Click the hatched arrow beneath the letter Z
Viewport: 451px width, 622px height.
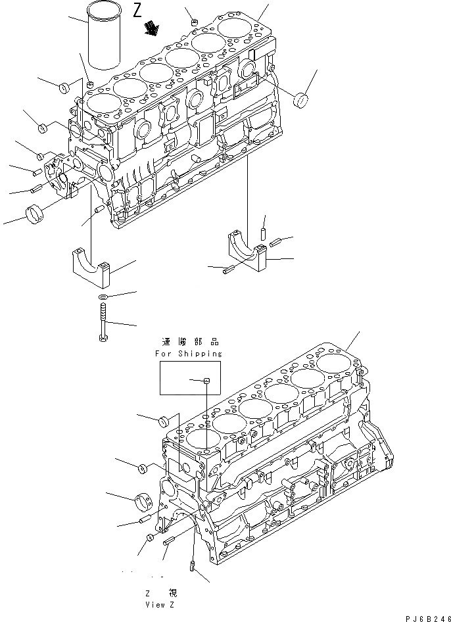[x=152, y=28]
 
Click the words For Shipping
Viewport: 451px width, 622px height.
[x=189, y=353]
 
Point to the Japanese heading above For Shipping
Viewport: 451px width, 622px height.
[x=189, y=342]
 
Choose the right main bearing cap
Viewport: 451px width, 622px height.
[x=249, y=250]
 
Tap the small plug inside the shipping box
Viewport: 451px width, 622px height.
[x=206, y=380]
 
